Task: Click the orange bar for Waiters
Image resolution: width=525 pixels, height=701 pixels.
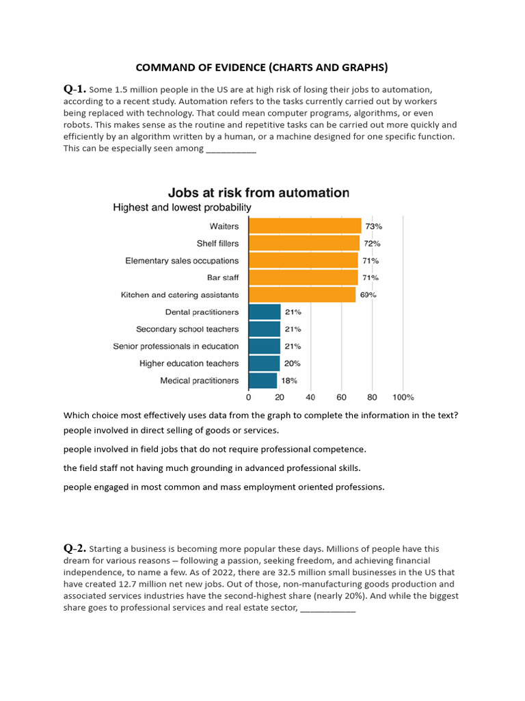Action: pyautogui.click(x=305, y=226)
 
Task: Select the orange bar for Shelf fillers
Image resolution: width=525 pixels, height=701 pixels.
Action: pyautogui.click(x=304, y=243)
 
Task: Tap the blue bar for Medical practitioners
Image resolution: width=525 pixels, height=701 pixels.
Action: pyautogui.click(x=262, y=381)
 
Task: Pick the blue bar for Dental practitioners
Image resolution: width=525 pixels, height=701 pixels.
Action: pyautogui.click(x=265, y=312)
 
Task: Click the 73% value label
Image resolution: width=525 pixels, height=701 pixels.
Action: pyautogui.click(x=373, y=226)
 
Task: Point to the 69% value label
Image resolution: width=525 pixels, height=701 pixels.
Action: pyautogui.click(x=368, y=295)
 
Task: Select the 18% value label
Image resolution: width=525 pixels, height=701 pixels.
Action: pyautogui.click(x=289, y=381)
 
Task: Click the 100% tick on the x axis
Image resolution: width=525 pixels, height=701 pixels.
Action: pyautogui.click(x=403, y=397)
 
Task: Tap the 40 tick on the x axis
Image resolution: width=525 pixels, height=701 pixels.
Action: pyautogui.click(x=310, y=397)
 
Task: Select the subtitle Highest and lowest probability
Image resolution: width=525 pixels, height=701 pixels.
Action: pyautogui.click(x=182, y=207)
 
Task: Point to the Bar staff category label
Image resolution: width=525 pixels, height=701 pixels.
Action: pyautogui.click(x=222, y=278)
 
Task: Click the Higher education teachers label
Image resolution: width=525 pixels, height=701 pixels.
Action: pyautogui.click(x=189, y=364)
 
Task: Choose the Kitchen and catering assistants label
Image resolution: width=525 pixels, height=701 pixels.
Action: pyautogui.click(x=180, y=295)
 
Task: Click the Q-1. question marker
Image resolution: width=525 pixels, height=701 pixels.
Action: pyautogui.click(x=75, y=89)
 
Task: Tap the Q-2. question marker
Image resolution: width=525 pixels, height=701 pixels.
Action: pyautogui.click(x=75, y=548)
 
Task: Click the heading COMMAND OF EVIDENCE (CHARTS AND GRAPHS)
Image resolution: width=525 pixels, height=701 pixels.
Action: pyautogui.click(x=262, y=67)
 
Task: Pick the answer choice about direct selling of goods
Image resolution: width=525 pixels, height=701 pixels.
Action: pyautogui.click(x=170, y=431)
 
